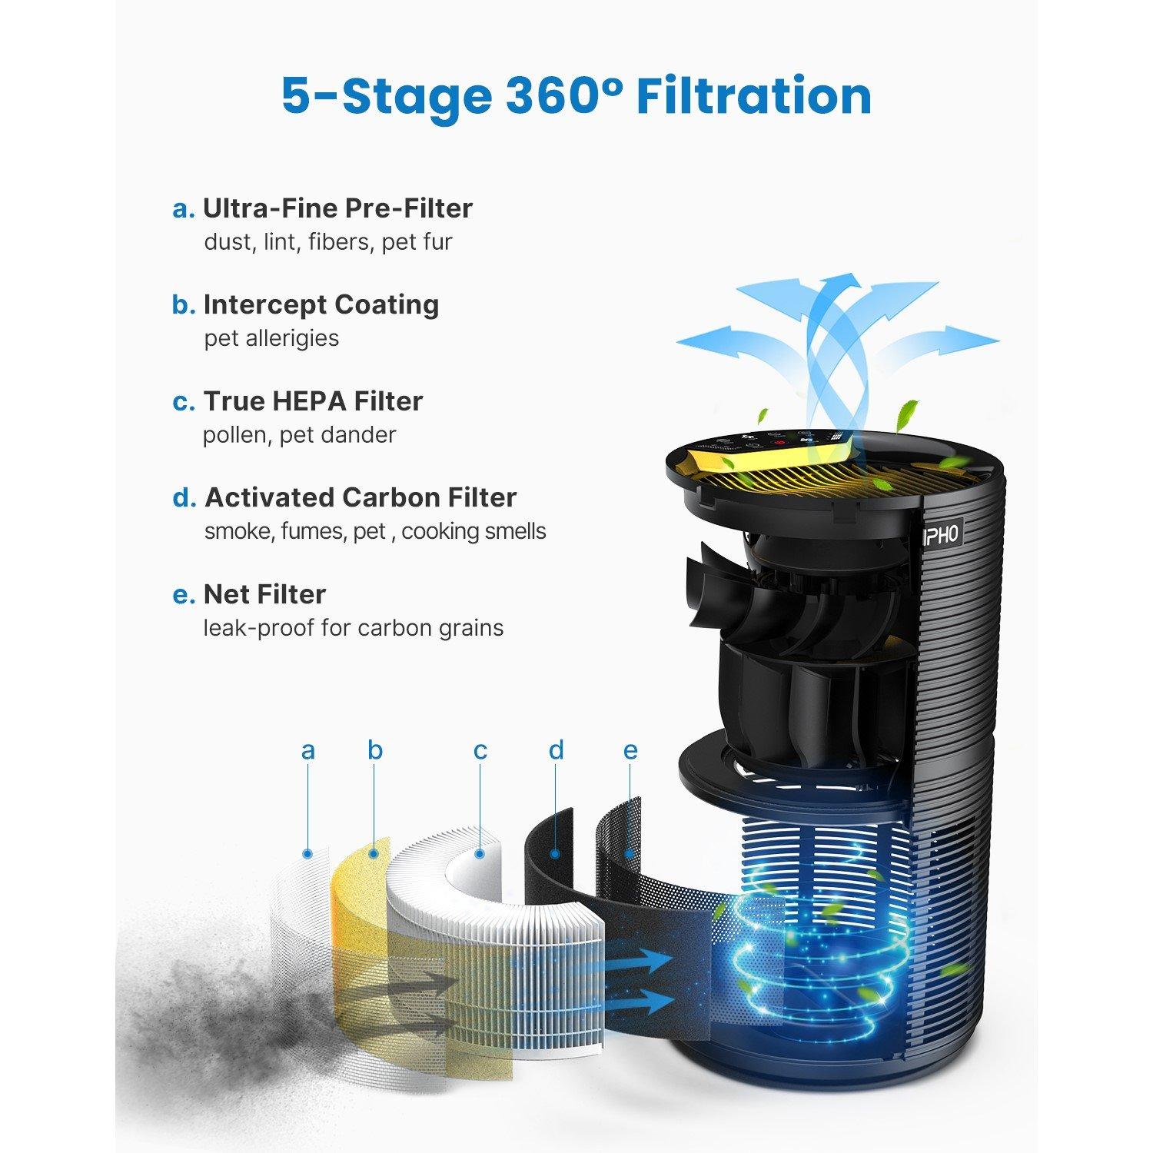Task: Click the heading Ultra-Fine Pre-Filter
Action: [337, 208]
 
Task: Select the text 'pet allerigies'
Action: [271, 338]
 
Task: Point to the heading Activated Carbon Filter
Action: [360, 497]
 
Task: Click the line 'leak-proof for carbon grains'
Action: [353, 628]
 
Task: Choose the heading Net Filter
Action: [264, 594]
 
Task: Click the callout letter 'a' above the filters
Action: [308, 750]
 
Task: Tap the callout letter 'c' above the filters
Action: [480, 750]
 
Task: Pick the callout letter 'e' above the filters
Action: [630, 750]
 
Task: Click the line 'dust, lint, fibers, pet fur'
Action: [327, 242]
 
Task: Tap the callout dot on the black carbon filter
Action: [555, 852]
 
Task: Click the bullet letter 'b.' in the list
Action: [184, 305]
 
